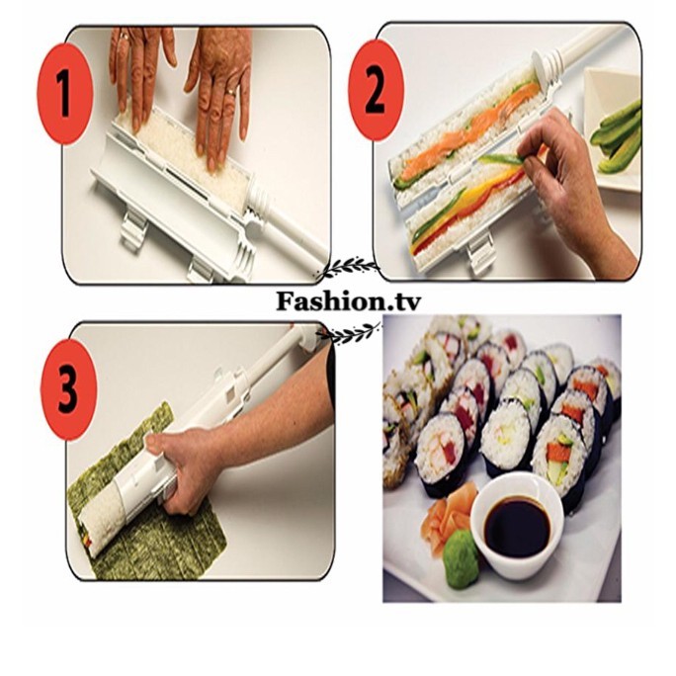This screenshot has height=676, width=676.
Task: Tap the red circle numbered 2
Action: pyautogui.click(x=376, y=90)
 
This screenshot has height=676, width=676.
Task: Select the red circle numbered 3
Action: pyautogui.click(x=67, y=389)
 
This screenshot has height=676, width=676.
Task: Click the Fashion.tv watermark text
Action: pyautogui.click(x=348, y=300)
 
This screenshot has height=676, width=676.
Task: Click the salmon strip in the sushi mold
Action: pyautogui.click(x=469, y=129)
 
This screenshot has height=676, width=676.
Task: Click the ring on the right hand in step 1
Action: pyautogui.click(x=231, y=92)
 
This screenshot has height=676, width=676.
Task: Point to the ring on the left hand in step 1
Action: pyautogui.click(x=124, y=37)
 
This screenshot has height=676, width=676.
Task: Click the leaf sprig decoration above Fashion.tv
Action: pyautogui.click(x=347, y=269)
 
